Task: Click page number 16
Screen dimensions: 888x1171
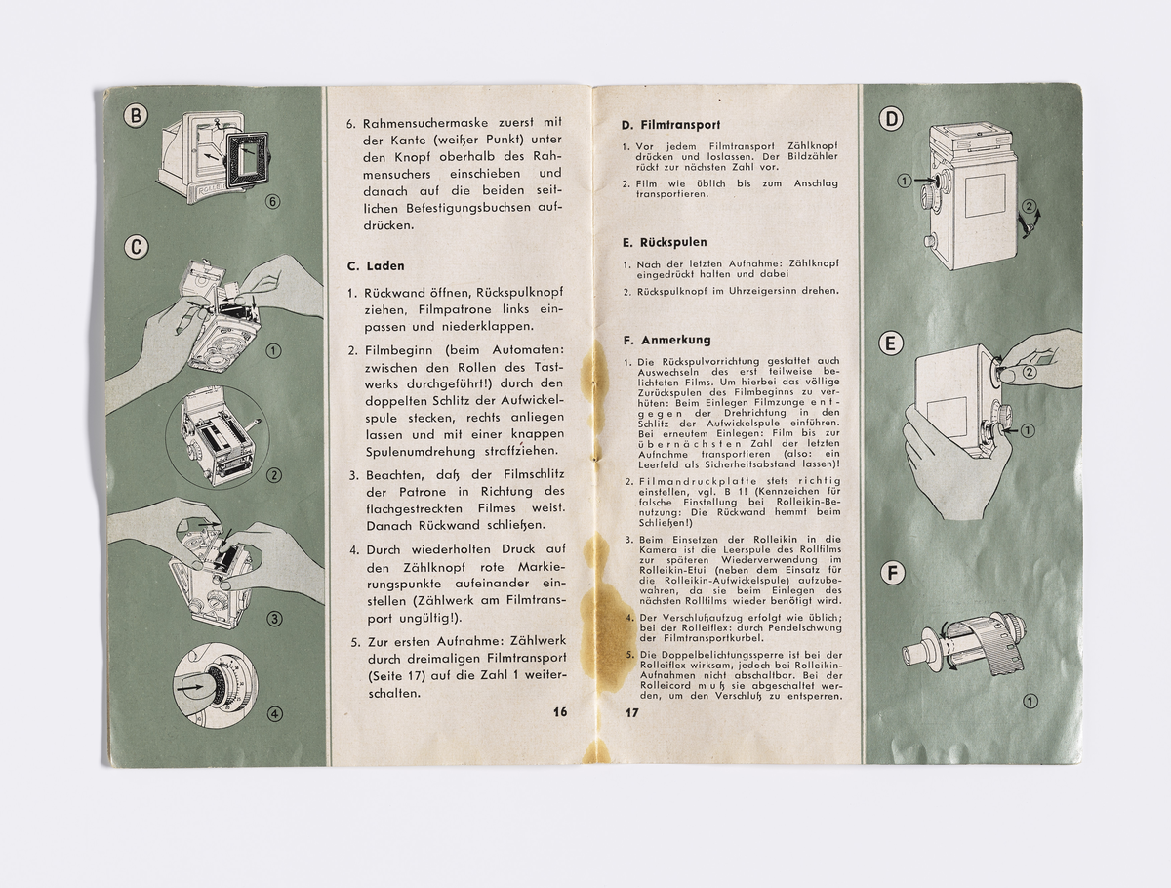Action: coord(559,712)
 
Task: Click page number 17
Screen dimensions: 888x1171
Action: coord(631,712)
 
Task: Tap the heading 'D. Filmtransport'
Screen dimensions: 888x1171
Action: coord(670,125)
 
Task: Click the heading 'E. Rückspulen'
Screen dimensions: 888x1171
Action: coord(664,241)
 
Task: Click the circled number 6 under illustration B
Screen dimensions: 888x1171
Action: coord(274,202)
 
